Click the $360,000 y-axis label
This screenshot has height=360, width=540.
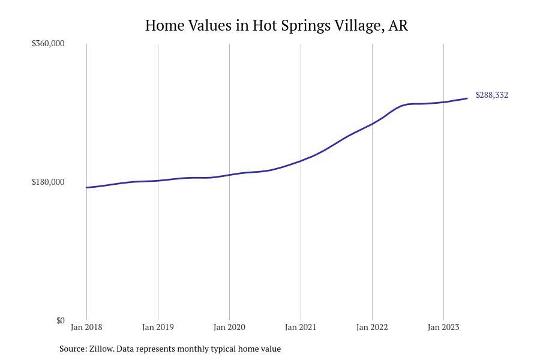tap(48, 43)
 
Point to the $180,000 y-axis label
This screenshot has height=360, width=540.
tap(48, 182)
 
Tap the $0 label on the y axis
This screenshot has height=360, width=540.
tap(60, 320)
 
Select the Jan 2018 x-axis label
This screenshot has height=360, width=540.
tap(86, 327)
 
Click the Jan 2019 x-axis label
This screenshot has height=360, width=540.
tap(158, 327)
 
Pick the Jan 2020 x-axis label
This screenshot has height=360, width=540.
tap(229, 327)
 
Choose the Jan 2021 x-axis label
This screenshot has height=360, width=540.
tap(301, 327)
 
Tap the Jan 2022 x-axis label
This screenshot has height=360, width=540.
tap(372, 327)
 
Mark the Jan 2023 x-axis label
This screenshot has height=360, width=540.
tap(443, 327)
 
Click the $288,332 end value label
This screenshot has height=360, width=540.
tap(492, 95)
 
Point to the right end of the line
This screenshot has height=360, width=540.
tap(467, 98)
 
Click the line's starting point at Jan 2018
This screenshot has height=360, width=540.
tap(86, 188)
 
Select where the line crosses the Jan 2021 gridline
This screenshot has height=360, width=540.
tap(301, 161)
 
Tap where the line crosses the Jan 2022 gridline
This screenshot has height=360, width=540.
tap(372, 124)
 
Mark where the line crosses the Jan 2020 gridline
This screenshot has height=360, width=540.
tap(229, 175)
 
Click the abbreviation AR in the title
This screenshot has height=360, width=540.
tap(398, 26)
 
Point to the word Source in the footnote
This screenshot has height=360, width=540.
tap(72, 349)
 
